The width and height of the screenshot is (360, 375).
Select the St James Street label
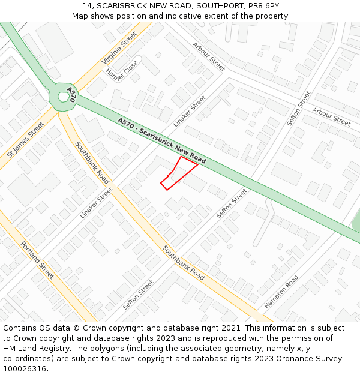coord(26,140)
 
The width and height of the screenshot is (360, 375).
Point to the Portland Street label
coord(37,260)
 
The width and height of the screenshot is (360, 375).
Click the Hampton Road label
coord(281,292)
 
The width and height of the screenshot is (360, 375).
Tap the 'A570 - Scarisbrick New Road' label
coord(162,140)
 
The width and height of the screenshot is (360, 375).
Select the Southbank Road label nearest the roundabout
coord(92,162)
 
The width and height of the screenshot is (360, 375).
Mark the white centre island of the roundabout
coord(63,97)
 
